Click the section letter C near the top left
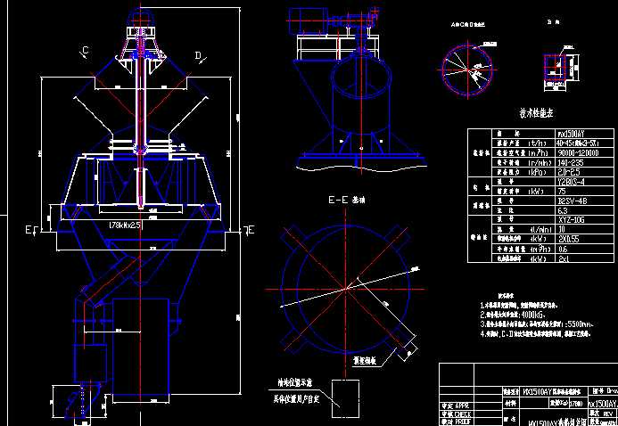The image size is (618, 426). click(x=86, y=50)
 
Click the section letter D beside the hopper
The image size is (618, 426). click(x=197, y=55)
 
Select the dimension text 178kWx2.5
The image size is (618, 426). click(x=124, y=226)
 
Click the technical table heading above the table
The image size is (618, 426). click(x=537, y=114)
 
